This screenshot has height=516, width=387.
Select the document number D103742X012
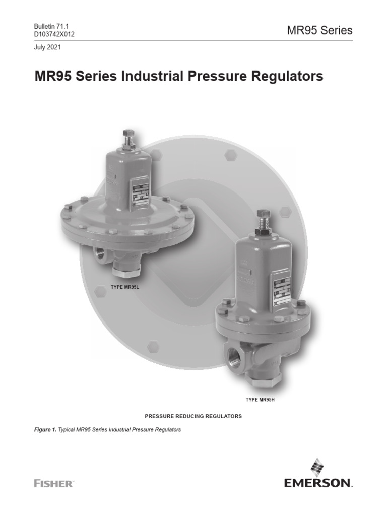tap(54, 34)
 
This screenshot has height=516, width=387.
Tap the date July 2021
tap(48, 47)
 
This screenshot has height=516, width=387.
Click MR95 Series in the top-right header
tap(319, 30)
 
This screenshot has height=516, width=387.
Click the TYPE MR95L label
tap(124, 287)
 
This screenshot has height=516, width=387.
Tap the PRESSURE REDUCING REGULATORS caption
tap(193, 416)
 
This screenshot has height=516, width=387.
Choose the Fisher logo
tap(53, 483)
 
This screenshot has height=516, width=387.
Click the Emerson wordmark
tap(318, 484)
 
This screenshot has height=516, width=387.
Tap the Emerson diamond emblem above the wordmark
tap(317, 467)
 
